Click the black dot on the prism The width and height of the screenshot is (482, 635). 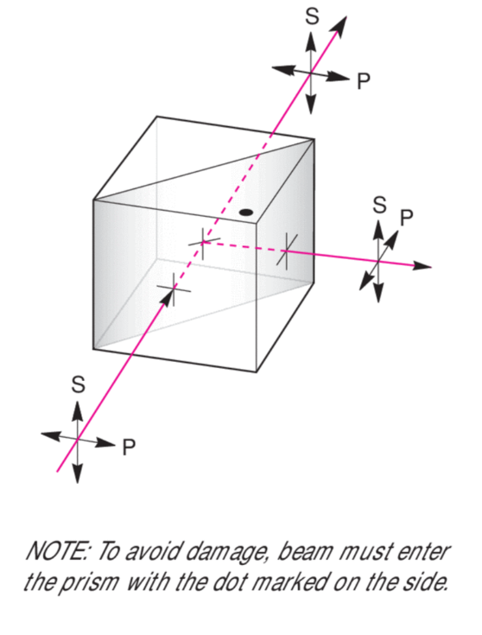246,212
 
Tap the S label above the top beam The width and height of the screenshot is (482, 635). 312,16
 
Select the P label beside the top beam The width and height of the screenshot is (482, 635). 364,81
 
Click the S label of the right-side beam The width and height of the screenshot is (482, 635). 379,205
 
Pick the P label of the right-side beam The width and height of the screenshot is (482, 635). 406,218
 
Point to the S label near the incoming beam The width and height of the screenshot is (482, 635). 78,384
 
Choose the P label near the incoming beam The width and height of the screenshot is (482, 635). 129,448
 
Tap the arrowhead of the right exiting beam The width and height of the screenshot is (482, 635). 422,266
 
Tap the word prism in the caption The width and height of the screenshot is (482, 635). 90,583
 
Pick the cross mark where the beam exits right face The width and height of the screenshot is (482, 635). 287,251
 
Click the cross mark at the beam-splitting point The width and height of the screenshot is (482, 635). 203,242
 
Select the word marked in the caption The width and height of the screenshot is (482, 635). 289,581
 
